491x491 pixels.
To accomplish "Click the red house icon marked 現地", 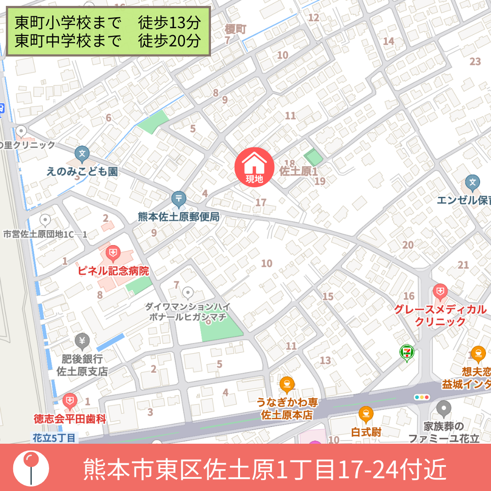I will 254,166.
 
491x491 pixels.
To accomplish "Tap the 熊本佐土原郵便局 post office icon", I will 179,199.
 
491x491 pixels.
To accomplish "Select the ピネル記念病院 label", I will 114,271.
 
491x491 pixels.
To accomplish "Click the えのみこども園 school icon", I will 82,153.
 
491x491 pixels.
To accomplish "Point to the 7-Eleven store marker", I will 406,352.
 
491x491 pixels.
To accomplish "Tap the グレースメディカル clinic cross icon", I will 440,290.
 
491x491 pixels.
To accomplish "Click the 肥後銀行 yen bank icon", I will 82,340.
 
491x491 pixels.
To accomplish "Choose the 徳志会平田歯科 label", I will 70,419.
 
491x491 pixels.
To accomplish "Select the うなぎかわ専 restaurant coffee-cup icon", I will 286,385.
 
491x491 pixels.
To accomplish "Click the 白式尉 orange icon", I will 366,414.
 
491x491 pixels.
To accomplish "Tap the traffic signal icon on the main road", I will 422,397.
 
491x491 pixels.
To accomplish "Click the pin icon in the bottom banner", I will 30,467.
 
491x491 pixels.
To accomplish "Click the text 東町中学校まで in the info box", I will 68,41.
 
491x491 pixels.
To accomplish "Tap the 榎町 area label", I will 235,30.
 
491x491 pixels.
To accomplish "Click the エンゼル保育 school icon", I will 473,183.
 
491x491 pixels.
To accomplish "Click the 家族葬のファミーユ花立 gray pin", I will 444,408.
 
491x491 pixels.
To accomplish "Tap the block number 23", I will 475,61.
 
